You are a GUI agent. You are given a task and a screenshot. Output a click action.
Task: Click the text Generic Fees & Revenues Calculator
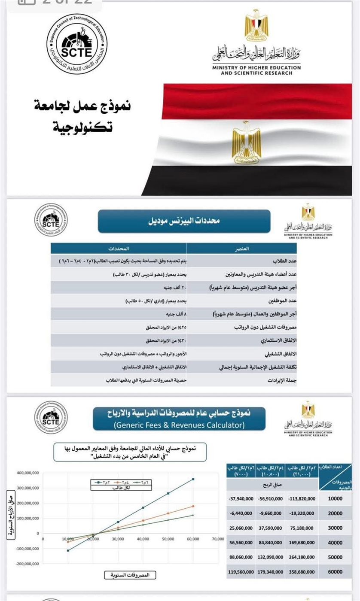pos(179,425)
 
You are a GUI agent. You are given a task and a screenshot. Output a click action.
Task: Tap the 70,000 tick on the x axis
pos(218,539)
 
